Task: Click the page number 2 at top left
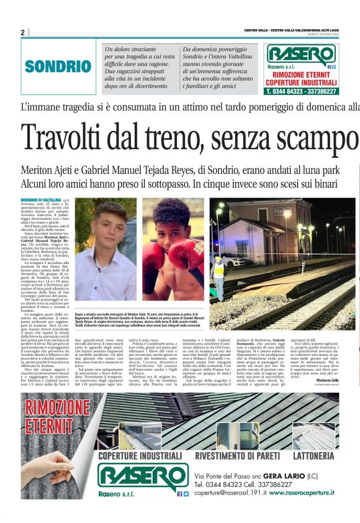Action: (22, 32)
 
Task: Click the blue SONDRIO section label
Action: (58, 66)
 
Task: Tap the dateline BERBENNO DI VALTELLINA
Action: (40, 199)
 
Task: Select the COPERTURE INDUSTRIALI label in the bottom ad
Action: (140, 455)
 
